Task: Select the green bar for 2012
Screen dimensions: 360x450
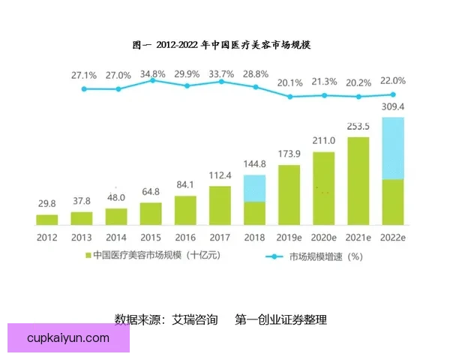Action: [46, 219]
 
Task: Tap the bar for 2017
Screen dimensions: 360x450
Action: [220, 205]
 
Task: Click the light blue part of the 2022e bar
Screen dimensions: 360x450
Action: [392, 148]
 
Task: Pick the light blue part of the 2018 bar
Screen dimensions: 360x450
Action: [254, 187]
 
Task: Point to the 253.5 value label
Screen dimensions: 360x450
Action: [358, 126]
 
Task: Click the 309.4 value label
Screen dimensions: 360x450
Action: [393, 106]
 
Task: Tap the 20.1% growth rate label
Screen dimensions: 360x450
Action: [289, 82]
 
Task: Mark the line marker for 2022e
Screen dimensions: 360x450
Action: [393, 94]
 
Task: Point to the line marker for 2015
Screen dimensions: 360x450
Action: [152, 80]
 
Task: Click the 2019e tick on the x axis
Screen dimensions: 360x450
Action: [289, 237]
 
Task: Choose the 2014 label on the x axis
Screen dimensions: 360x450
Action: [116, 237]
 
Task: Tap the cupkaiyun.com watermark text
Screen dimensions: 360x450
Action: [68, 338]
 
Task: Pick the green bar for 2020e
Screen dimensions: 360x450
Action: [323, 187]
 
